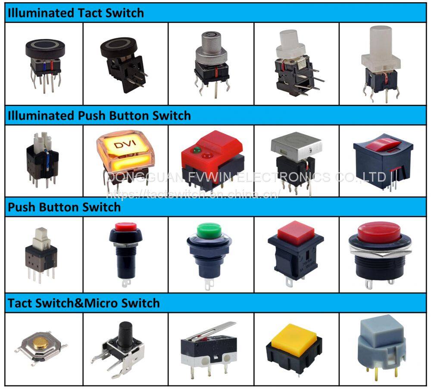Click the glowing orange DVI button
click(x=125, y=151)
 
